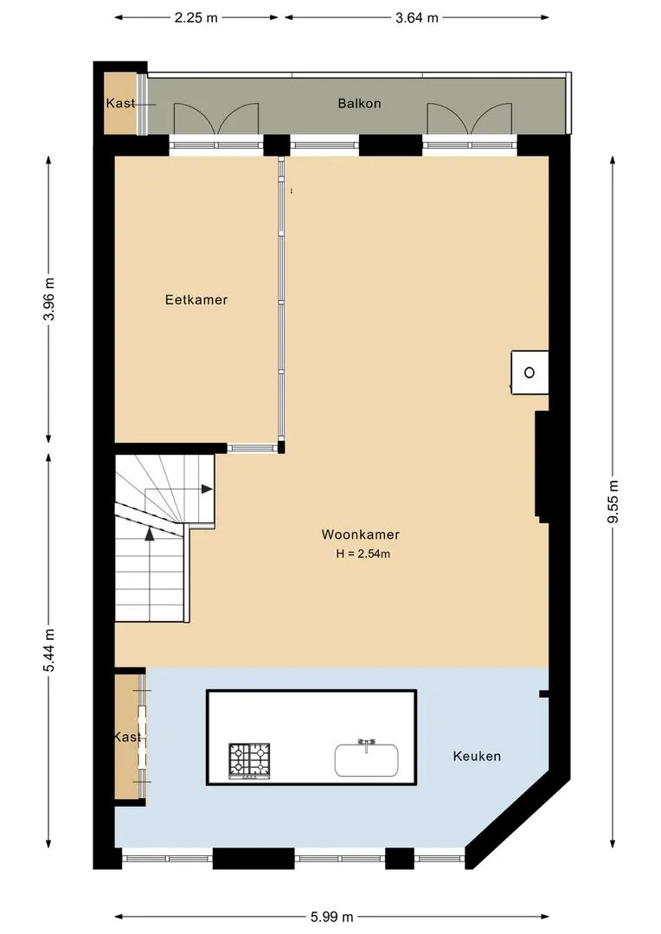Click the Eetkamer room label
click(196, 299)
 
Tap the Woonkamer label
click(360, 534)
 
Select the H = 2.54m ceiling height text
click(363, 553)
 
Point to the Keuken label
click(477, 756)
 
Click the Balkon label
click(359, 103)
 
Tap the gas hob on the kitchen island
click(249, 761)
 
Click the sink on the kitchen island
click(366, 758)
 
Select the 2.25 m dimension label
click(196, 18)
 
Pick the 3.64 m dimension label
click(417, 18)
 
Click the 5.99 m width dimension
click(332, 917)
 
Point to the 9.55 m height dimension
click(613, 501)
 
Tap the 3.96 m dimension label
click(48, 299)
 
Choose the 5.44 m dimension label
click(48, 649)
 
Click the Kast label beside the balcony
click(120, 103)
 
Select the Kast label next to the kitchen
click(127, 737)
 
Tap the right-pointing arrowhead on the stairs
click(207, 489)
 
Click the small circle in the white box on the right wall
click(529, 373)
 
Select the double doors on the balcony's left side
click(215, 118)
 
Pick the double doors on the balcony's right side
click(469, 118)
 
